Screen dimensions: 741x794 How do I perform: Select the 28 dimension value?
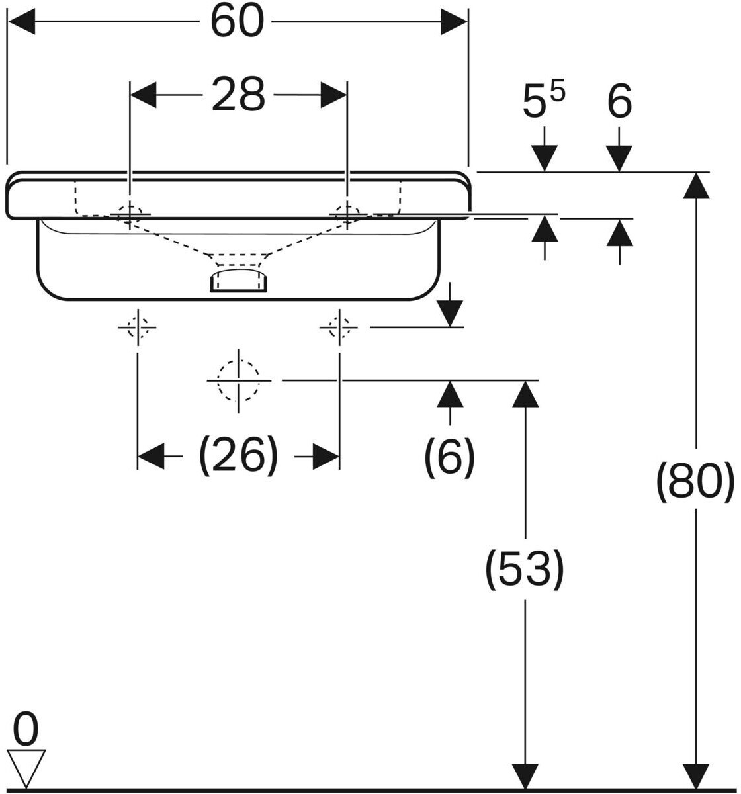[x=238, y=95]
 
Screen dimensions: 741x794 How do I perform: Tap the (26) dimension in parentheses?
[x=238, y=456]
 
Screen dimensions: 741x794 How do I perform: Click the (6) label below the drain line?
[x=449, y=457]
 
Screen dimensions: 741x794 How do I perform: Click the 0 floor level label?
[x=26, y=729]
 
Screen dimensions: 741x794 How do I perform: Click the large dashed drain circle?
[x=238, y=380]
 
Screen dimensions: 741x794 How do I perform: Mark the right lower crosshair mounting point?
[x=339, y=328]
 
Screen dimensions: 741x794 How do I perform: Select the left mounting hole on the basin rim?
[x=129, y=214]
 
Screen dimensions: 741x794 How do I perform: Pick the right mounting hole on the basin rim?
[x=347, y=214]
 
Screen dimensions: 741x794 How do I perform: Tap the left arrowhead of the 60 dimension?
[x=21, y=22]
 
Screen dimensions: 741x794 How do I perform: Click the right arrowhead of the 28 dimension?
[x=333, y=95]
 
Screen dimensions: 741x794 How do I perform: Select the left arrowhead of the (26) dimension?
[x=151, y=456]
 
